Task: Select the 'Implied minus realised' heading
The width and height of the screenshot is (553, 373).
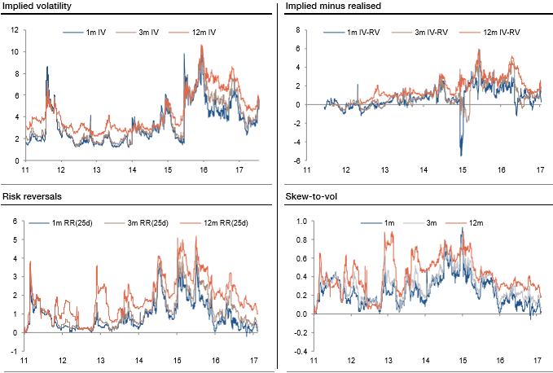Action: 323,7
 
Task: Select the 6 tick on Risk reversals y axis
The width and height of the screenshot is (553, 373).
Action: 15,221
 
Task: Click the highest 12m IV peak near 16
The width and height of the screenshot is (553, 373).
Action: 202,46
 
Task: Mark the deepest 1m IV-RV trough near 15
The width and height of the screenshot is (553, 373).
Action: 461,155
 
